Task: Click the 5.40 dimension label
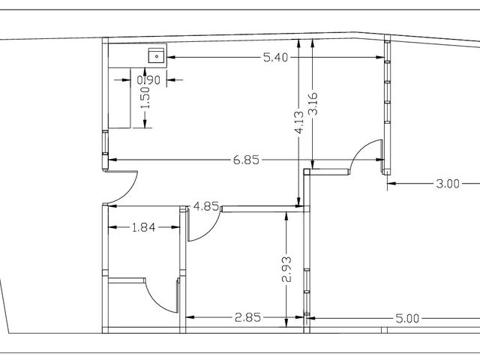click(x=275, y=57)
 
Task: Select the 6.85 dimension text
click(x=246, y=160)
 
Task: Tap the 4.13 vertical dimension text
click(x=299, y=122)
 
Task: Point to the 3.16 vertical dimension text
click(x=313, y=103)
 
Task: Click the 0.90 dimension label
click(x=148, y=80)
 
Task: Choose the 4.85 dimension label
click(x=206, y=207)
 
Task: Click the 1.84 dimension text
click(x=143, y=227)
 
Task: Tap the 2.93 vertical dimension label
click(x=286, y=269)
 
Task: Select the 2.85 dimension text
click(x=247, y=317)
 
